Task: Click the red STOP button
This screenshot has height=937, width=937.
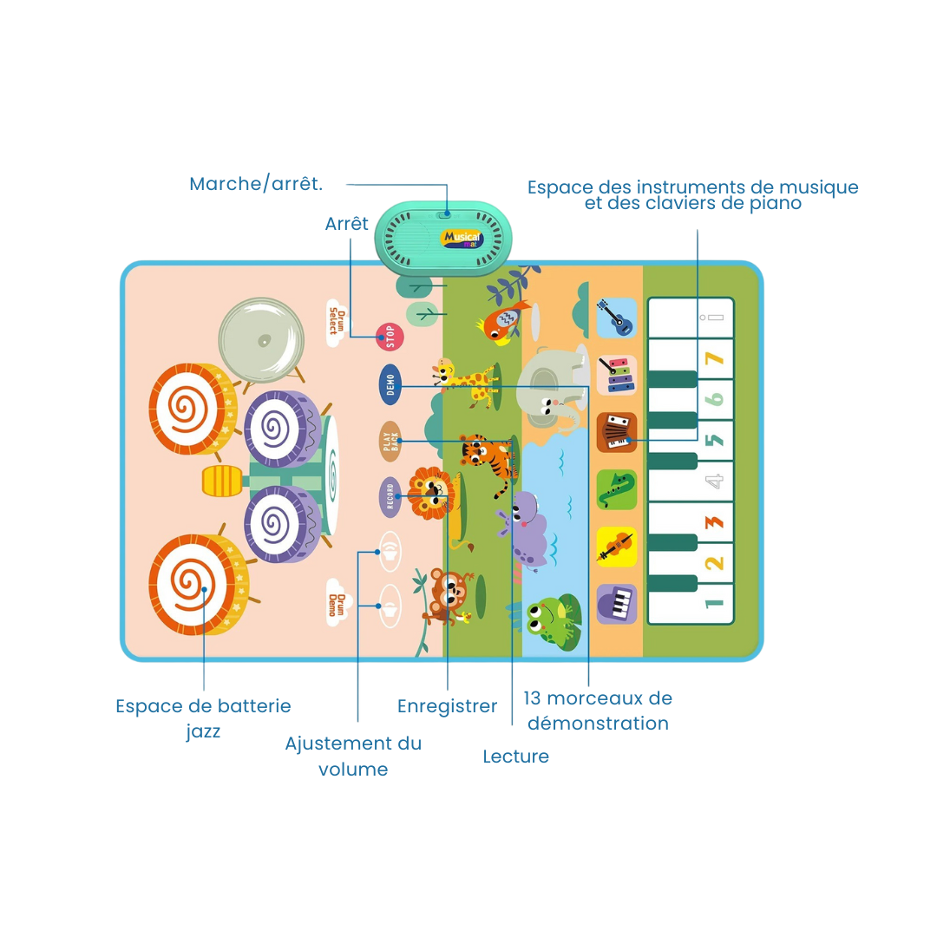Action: click(x=390, y=337)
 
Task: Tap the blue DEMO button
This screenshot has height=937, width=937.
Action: click(x=390, y=384)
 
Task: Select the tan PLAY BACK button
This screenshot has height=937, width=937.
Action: click(x=390, y=441)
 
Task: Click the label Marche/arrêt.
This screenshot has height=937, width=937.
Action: click(x=256, y=184)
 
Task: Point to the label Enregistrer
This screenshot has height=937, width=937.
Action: click(x=447, y=706)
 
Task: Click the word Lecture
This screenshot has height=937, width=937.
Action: click(x=516, y=757)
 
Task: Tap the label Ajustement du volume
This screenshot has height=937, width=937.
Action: click(x=353, y=756)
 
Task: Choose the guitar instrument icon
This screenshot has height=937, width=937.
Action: click(x=617, y=318)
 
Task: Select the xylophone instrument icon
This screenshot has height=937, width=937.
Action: click(x=617, y=375)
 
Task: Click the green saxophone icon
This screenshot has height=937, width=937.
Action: click(x=617, y=489)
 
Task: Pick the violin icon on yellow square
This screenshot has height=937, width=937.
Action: click(x=617, y=547)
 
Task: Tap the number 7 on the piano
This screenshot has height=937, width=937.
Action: click(x=714, y=358)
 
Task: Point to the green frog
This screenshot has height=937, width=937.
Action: click(x=548, y=617)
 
